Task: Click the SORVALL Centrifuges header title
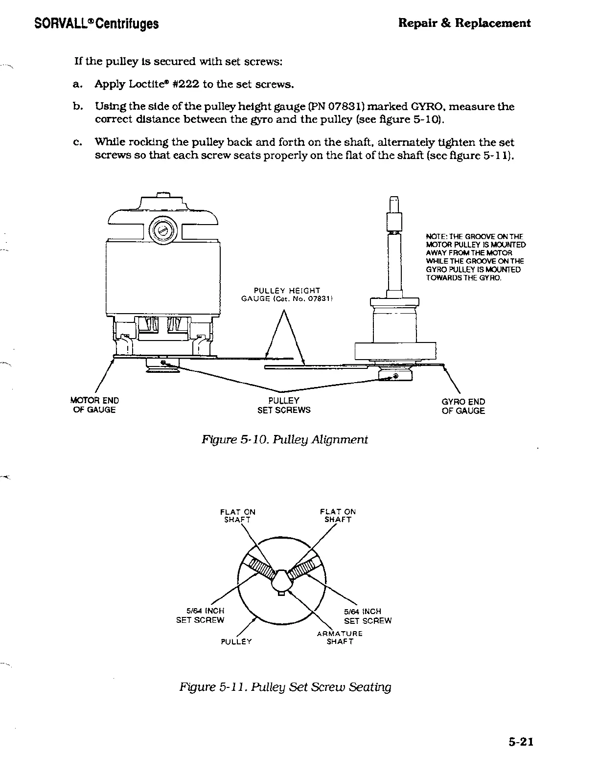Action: [x=96, y=23]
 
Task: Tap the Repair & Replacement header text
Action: [x=464, y=23]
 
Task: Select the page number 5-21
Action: [x=519, y=742]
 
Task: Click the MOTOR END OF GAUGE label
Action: [x=94, y=405]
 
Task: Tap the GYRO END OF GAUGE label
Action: [x=463, y=406]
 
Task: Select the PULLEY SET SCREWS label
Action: [x=284, y=405]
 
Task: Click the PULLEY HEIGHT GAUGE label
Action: [x=287, y=295]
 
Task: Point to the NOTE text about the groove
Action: [x=476, y=257]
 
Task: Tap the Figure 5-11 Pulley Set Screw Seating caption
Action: [x=285, y=686]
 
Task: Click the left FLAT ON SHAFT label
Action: [x=237, y=515]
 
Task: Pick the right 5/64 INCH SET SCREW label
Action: [x=367, y=616]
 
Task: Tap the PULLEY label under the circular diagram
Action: [x=236, y=641]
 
